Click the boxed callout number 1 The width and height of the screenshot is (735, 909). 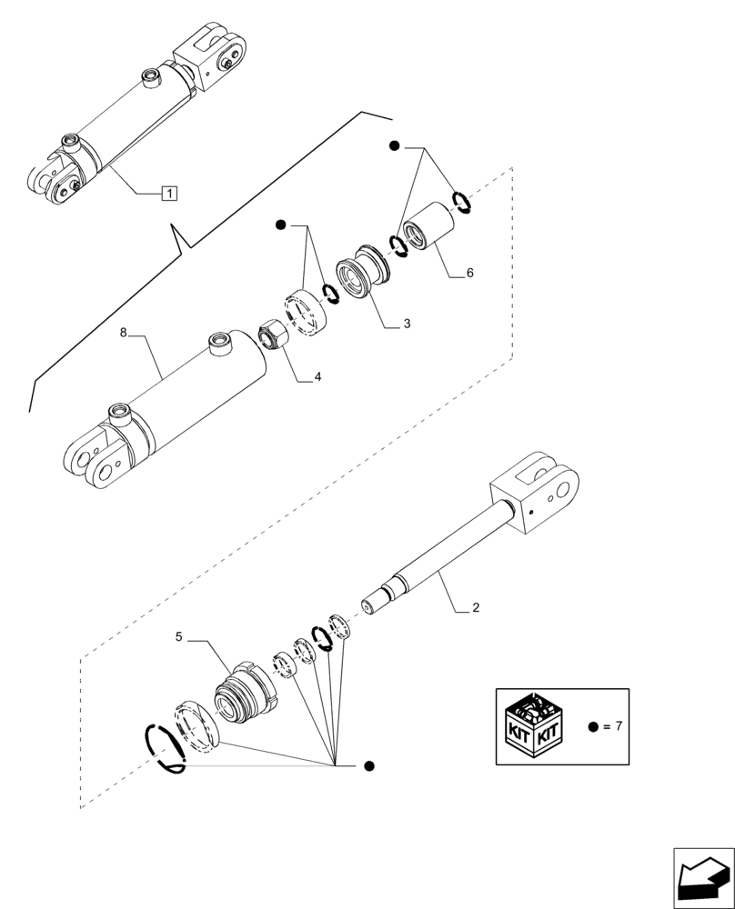click(169, 193)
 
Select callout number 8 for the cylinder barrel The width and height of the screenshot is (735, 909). click(124, 334)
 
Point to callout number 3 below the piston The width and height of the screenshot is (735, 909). click(407, 324)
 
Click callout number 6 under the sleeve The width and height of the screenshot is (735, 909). click(469, 273)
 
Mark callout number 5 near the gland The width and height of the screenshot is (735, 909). click(179, 638)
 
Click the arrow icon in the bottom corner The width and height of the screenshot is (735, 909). click(702, 877)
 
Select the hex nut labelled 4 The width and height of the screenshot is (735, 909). click(274, 335)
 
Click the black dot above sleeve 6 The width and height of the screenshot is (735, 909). click(394, 146)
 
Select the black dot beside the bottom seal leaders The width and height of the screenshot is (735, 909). click(367, 766)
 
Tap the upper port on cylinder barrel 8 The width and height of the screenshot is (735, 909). click(219, 345)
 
